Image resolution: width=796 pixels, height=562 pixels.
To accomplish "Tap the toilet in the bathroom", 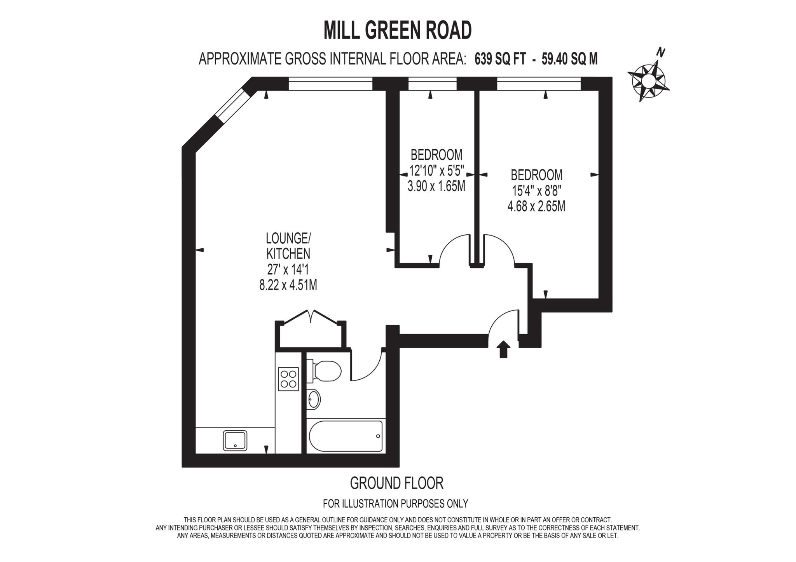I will click(325, 371).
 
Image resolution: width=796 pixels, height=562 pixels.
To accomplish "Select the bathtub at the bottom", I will click(346, 436).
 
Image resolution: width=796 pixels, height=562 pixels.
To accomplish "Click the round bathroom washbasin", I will click(313, 399).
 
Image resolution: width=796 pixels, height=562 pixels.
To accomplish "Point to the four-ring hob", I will click(288, 379).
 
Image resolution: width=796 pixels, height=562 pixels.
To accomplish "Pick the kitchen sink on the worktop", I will click(235, 440).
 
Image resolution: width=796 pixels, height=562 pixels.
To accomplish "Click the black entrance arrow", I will click(503, 349).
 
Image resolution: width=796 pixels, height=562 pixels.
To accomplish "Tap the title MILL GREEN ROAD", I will click(398, 30).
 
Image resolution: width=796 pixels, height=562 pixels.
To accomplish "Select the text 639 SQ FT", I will click(500, 59).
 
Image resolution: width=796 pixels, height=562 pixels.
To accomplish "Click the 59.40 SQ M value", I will click(569, 59).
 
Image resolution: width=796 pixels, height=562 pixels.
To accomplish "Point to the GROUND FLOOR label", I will click(396, 483).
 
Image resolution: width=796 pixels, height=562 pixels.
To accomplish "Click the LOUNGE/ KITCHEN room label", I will click(288, 246).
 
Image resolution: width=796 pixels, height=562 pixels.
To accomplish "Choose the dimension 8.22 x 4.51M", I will click(288, 286).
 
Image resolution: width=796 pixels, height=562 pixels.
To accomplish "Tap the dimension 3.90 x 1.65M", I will click(436, 186).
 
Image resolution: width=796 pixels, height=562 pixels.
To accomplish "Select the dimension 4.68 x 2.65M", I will click(536, 206).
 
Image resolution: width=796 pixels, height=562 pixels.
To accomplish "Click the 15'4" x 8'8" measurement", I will click(536, 191).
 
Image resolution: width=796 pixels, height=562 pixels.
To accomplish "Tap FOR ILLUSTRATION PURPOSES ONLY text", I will click(395, 504).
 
